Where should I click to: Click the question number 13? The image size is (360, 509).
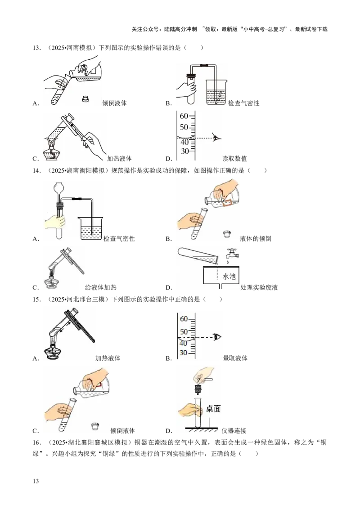[36, 48]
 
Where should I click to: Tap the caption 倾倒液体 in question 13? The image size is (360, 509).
[114, 103]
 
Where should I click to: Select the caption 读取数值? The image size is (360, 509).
[234, 158]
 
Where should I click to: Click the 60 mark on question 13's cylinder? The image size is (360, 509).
[184, 116]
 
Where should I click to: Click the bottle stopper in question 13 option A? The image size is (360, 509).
[86, 98]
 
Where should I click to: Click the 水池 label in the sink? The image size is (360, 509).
[229, 276]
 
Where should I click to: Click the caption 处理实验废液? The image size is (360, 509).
[259, 287]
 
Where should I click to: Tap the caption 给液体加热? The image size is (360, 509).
[101, 287]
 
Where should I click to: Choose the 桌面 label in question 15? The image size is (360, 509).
[213, 409]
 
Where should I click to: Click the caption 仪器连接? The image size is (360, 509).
[234, 431]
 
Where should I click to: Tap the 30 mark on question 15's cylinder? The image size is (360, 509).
[183, 353]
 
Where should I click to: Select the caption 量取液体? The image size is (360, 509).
[235, 358]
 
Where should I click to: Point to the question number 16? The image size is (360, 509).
[36, 442]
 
